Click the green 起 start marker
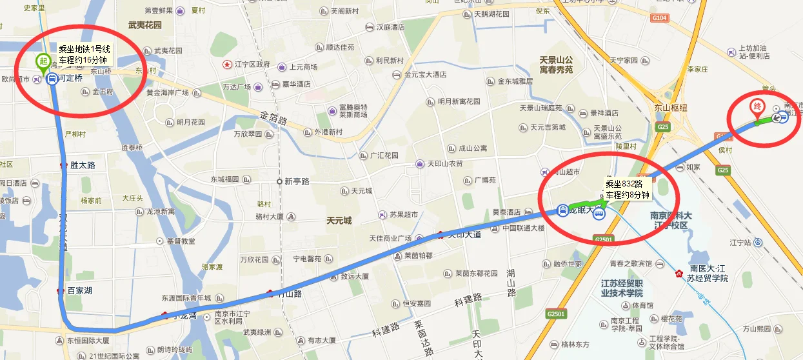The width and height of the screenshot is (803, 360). (x=43, y=61)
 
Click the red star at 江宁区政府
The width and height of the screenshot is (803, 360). (x=227, y=65)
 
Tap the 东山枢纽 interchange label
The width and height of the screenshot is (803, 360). (x=671, y=108)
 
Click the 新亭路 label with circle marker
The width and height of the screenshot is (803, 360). (x=293, y=181)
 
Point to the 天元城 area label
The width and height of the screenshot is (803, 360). (x=339, y=221)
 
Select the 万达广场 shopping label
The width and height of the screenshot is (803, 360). (x=236, y=86)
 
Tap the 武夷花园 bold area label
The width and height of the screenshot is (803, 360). (x=145, y=25)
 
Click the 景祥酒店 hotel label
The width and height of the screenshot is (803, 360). (x=610, y=112)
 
